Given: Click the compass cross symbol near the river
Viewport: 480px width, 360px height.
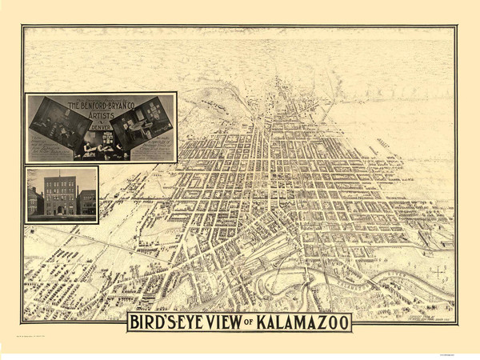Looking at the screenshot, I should (438, 272).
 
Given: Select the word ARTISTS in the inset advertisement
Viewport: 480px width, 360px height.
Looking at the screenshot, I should (102, 116).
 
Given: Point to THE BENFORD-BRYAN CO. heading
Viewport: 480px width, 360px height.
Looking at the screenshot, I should (102, 105).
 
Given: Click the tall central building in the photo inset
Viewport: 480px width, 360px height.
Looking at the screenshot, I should (60, 194).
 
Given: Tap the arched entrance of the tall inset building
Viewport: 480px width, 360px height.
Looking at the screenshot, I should (59, 210).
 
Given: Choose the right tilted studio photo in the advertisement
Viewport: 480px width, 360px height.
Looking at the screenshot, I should (144, 121).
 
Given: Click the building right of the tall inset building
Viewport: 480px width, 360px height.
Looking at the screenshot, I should (86, 202).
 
